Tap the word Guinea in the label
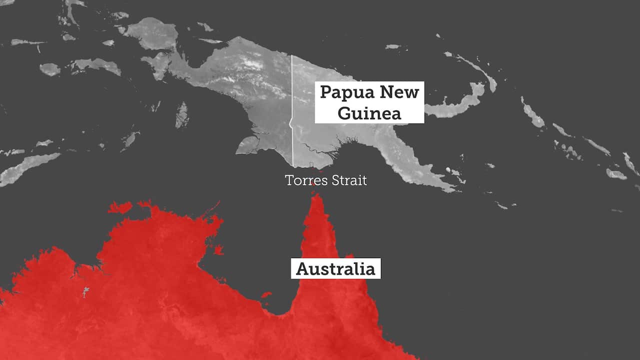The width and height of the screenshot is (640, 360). pyautogui.click(x=369, y=113)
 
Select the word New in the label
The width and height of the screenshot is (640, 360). pyautogui.click(x=398, y=92)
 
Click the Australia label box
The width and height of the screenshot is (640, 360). pyautogui.click(x=335, y=268)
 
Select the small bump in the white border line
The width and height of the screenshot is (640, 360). pyautogui.click(x=290, y=123)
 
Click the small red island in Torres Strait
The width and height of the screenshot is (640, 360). pyautogui.click(x=313, y=184)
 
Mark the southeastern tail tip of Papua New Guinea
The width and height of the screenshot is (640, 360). pyautogui.click(x=452, y=189)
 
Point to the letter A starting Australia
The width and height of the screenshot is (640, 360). pyautogui.click(x=301, y=269)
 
